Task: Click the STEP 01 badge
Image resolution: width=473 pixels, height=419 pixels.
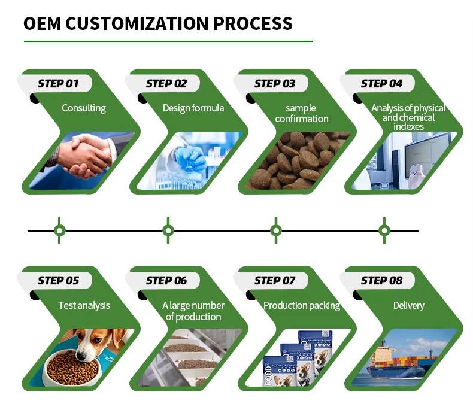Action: [58, 83]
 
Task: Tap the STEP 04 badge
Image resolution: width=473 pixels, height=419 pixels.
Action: [381, 83]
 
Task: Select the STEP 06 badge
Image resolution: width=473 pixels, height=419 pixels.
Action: [166, 280]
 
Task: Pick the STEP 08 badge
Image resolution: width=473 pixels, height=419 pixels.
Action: [381, 280]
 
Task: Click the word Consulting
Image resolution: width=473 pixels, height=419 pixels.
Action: [84, 108]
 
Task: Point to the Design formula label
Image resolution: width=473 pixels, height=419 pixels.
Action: [193, 108]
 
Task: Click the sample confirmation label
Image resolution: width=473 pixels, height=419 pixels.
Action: [301, 113]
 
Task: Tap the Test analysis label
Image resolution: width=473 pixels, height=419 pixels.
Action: [84, 305]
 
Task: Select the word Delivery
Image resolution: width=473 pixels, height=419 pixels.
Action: [408, 305]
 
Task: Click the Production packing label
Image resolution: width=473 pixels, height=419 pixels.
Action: [302, 305]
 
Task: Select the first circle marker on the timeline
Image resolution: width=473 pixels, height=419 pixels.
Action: [59, 230]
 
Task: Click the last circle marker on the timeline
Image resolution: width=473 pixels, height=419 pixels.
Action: [384, 230]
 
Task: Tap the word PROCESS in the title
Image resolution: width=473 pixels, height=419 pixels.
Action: [253, 24]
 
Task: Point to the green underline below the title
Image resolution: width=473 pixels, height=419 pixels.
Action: [168, 42]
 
